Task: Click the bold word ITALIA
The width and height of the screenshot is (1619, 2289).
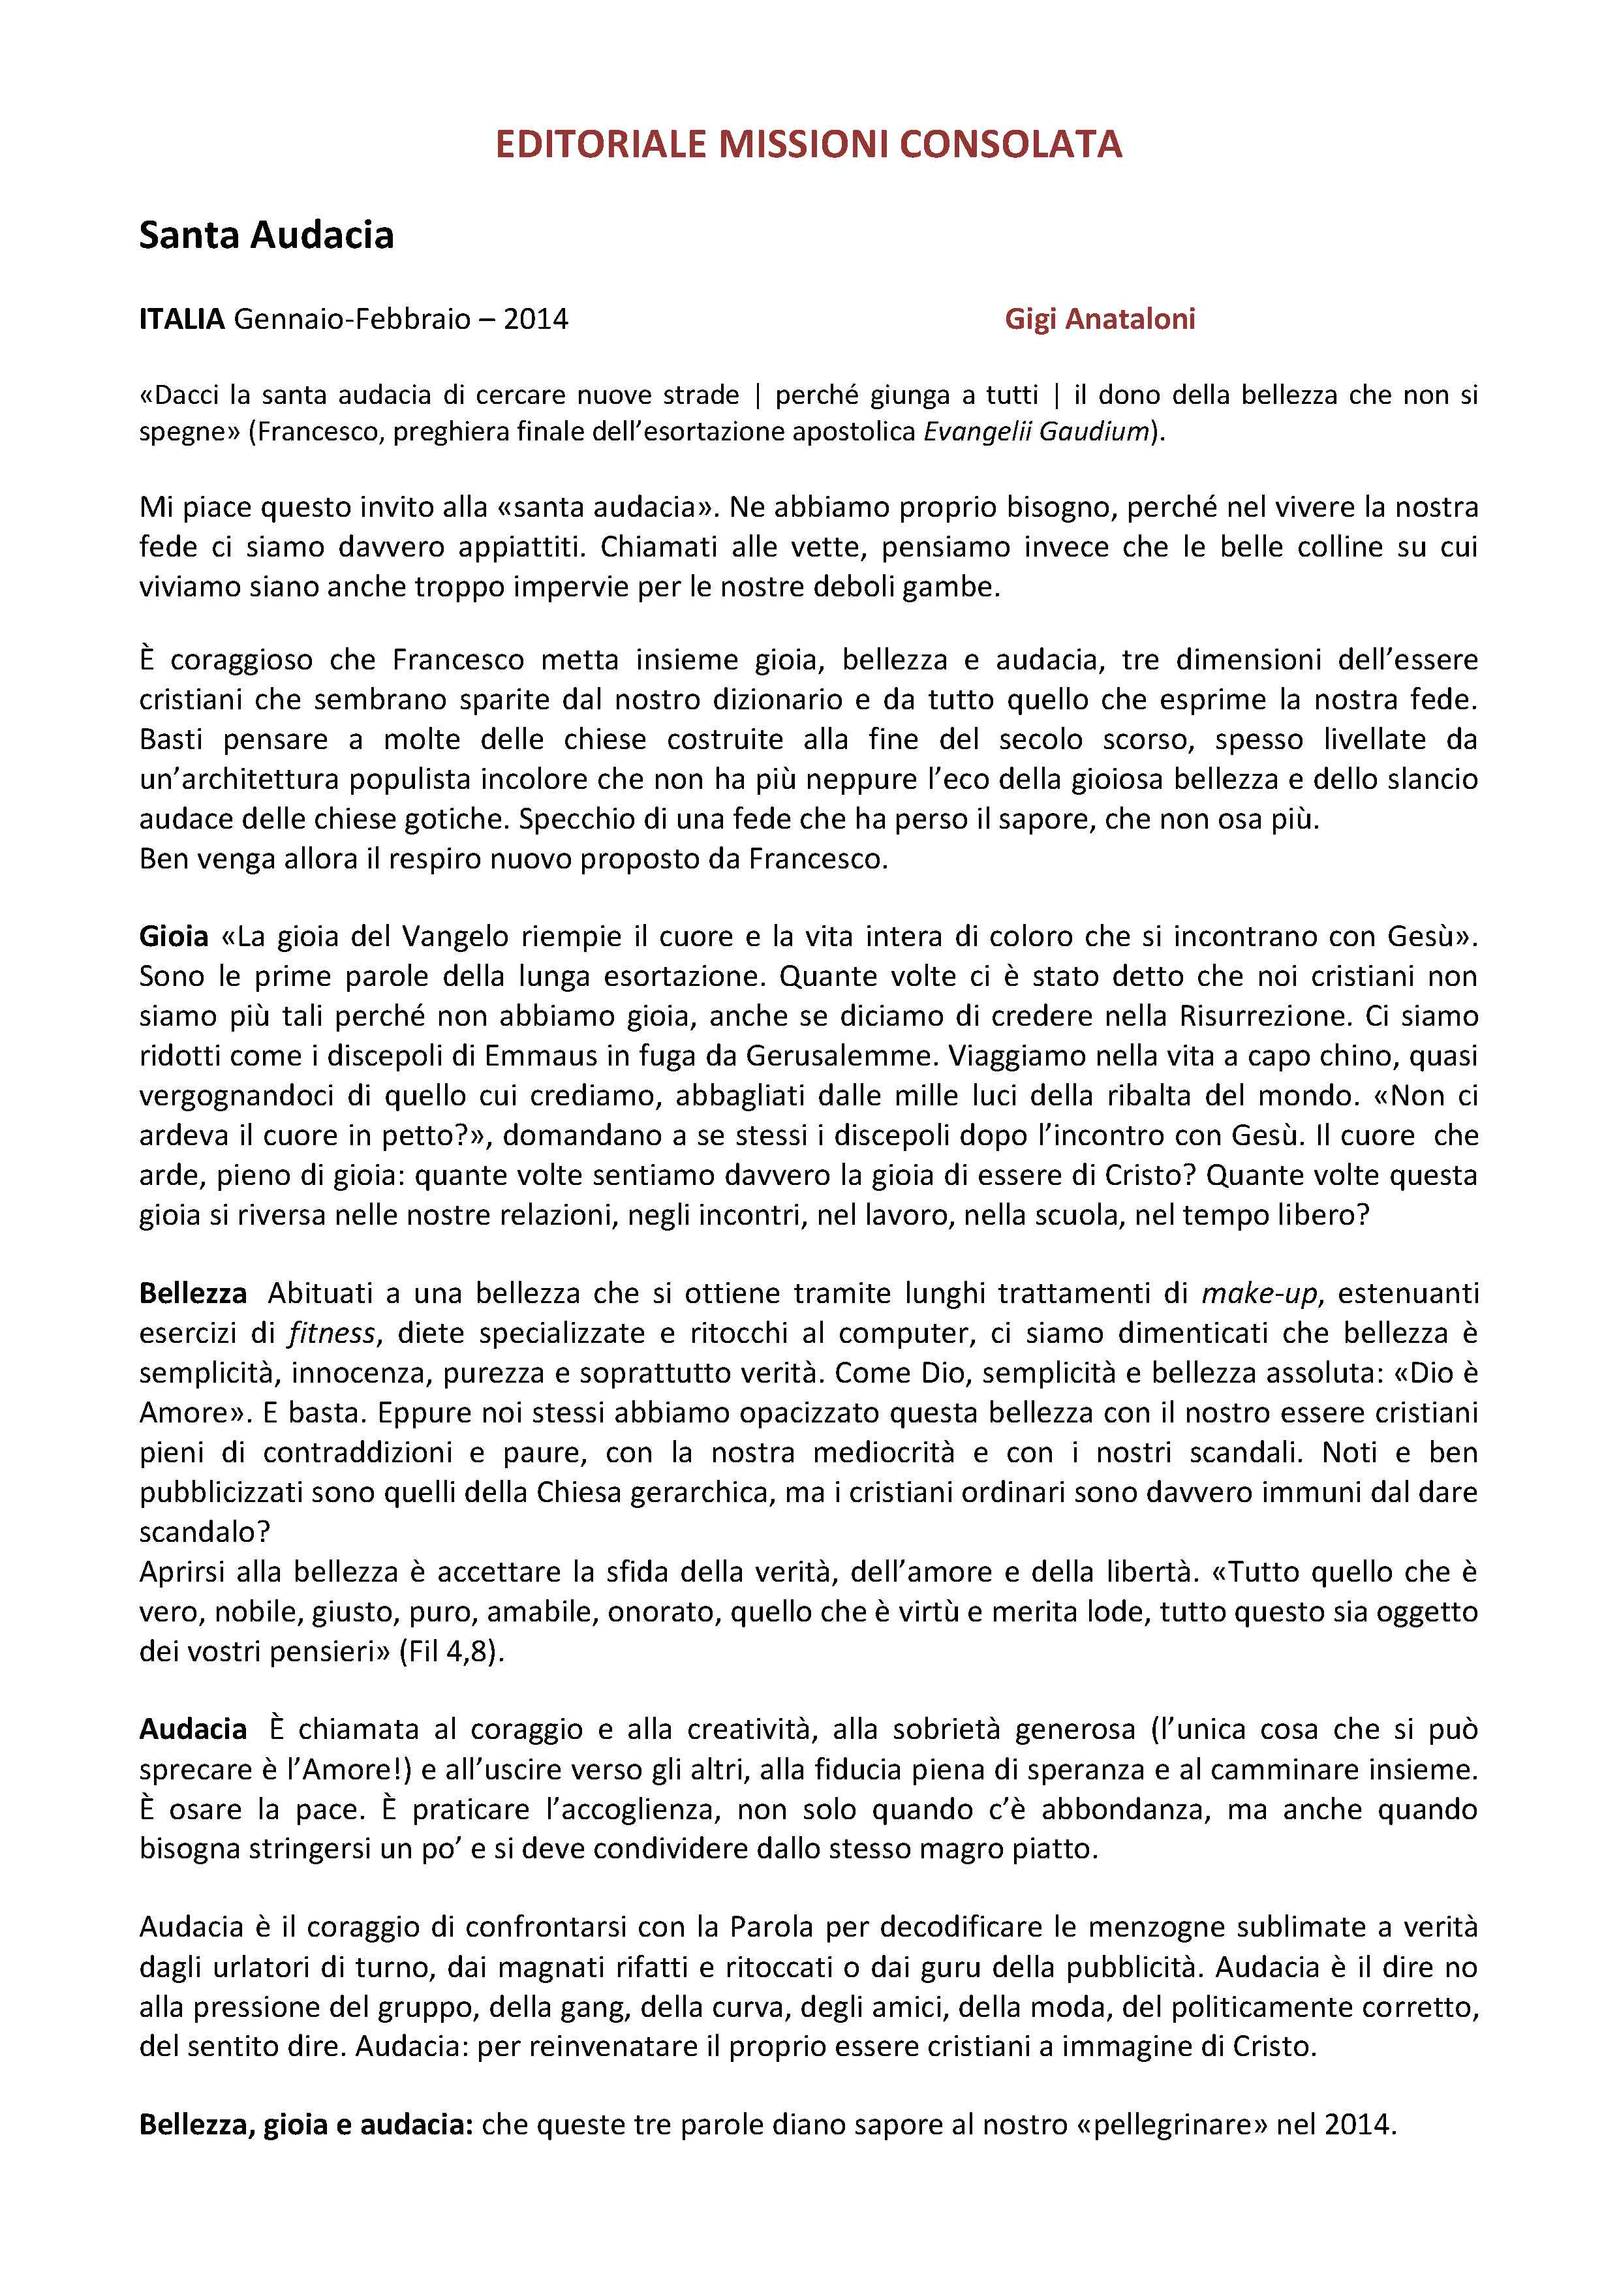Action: pyautogui.click(x=181, y=319)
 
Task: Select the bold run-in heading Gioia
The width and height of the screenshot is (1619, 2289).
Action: pyautogui.click(x=174, y=937)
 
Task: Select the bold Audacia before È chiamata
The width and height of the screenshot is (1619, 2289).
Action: pyautogui.click(x=193, y=1730)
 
